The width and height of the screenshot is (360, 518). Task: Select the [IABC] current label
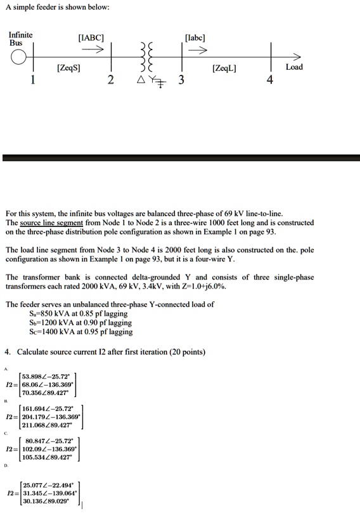(x=91, y=37)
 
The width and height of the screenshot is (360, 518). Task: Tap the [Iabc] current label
(x=195, y=37)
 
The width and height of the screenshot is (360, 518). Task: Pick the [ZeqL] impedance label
(x=226, y=67)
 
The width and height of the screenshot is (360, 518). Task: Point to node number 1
(x=34, y=80)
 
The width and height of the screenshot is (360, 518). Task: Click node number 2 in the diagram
(x=110, y=81)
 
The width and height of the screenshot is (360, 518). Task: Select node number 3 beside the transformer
(x=181, y=81)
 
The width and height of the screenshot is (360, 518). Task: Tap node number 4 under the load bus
(x=270, y=81)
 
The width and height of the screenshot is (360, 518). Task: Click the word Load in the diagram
(x=295, y=67)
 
